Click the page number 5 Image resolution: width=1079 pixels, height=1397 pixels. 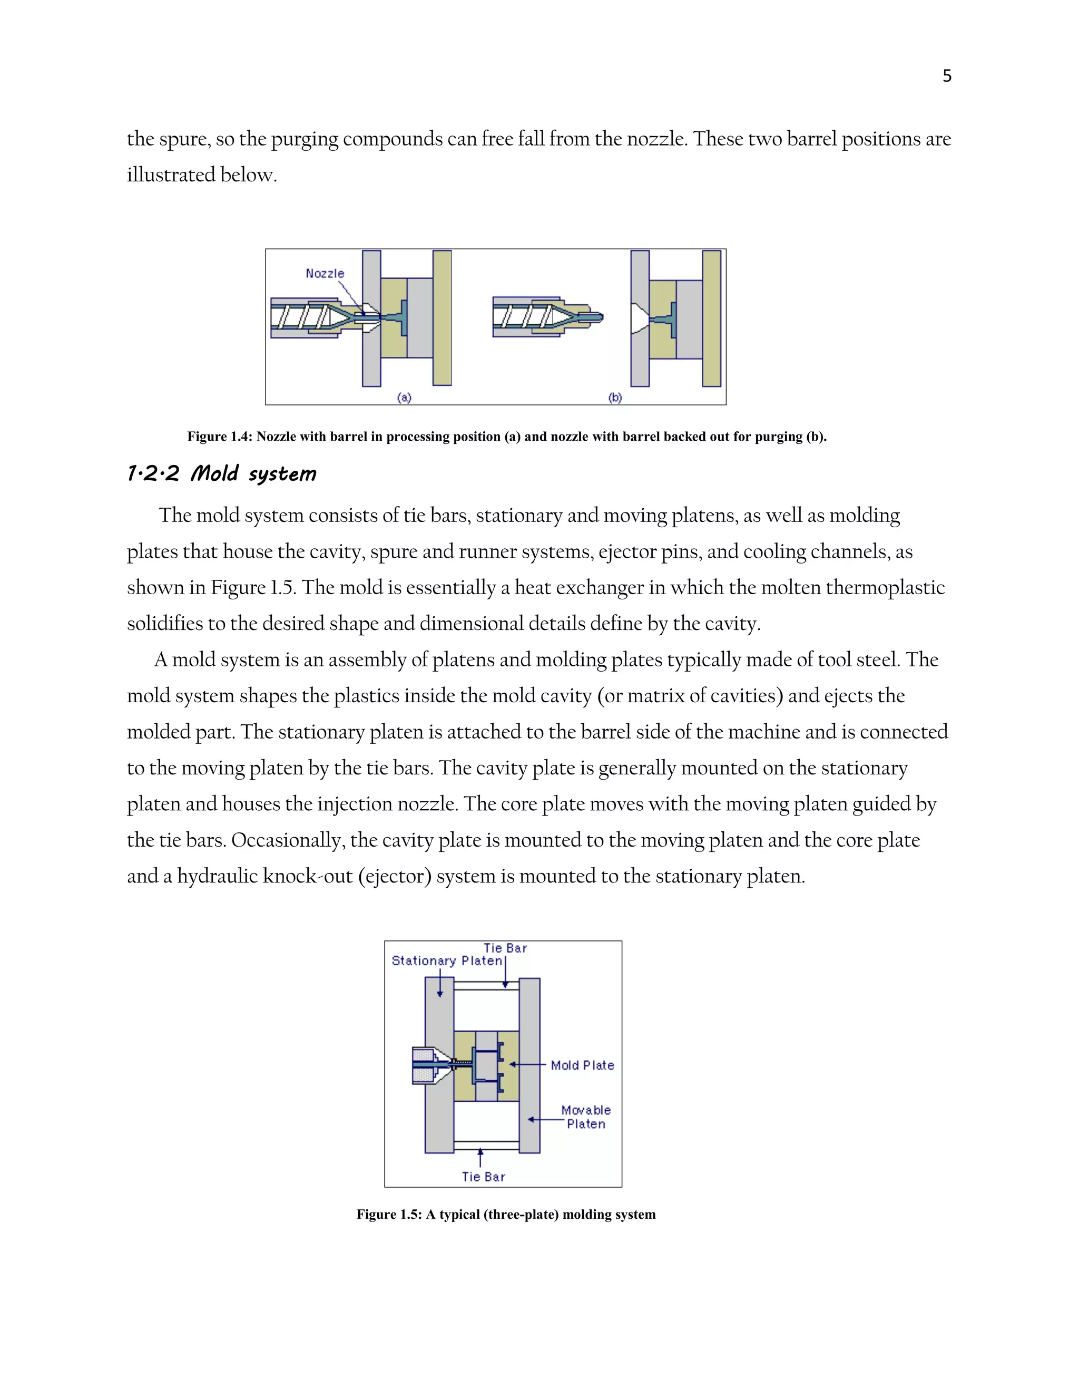pos(947,76)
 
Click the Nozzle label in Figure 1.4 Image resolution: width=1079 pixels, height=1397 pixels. pos(325,274)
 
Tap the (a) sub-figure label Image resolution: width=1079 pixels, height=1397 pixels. pos(404,397)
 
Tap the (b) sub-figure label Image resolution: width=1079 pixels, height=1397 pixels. pos(615,397)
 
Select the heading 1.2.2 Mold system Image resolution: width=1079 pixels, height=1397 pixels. pos(221,474)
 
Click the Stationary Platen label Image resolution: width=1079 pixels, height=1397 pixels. pos(447,961)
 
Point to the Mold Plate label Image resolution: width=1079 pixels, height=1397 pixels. pos(582,1065)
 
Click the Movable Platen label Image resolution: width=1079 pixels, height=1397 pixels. pos(585,1117)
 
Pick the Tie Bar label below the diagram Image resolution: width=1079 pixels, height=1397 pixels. pos(483,1177)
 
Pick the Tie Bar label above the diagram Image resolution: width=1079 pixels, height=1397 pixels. pos(505,948)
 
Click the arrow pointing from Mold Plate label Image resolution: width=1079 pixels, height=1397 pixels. pos(528,1064)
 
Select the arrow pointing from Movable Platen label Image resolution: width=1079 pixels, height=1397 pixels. pos(545,1119)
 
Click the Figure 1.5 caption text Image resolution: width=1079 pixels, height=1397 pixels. pos(506,1215)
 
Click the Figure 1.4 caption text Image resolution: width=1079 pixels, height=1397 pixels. pos(506,437)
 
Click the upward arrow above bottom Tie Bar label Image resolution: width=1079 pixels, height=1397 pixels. pos(480,1157)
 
